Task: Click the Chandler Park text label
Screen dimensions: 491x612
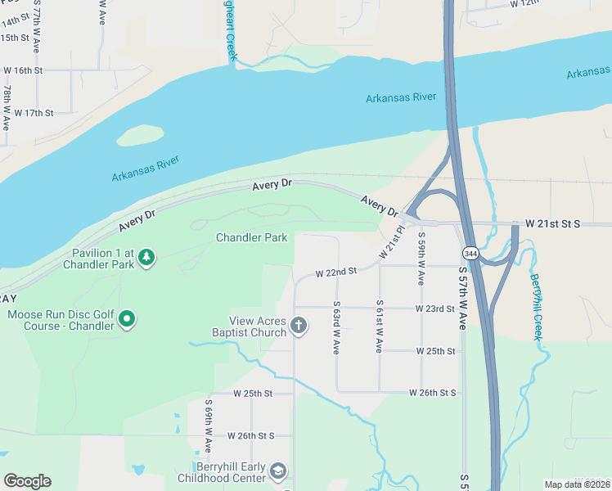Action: pos(251,237)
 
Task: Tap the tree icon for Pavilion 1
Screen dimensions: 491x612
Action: pos(146,258)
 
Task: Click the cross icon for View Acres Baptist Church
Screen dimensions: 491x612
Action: pos(299,326)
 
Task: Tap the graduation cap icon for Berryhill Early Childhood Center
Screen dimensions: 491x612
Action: pos(278,471)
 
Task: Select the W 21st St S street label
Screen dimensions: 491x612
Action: pos(552,223)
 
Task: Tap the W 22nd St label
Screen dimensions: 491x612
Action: pos(336,271)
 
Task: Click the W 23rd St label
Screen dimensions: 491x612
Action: pos(434,309)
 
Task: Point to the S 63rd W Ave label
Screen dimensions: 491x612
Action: pos(335,327)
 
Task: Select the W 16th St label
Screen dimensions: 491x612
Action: pos(22,71)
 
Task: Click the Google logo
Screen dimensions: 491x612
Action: pos(27,481)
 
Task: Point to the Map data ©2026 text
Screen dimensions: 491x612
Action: pos(576,484)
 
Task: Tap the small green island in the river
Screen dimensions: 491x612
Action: pos(140,134)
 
